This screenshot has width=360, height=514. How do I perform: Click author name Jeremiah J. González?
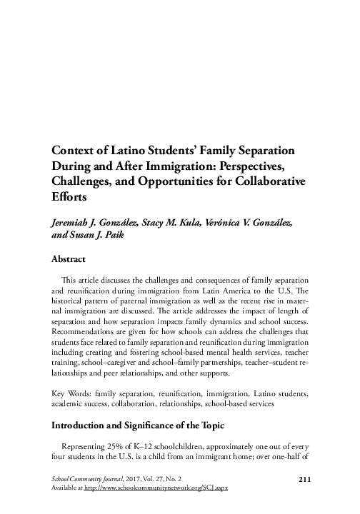pyautogui.click(x=96, y=223)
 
